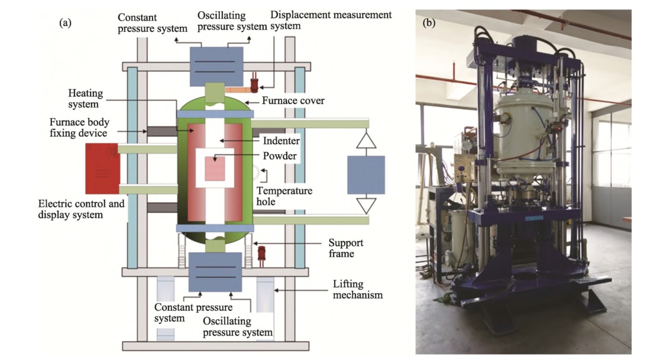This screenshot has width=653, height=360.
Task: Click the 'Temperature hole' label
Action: click(x=284, y=197)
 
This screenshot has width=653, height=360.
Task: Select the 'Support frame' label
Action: click(x=345, y=248)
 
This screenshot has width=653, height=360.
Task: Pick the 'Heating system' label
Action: click(x=86, y=99)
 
